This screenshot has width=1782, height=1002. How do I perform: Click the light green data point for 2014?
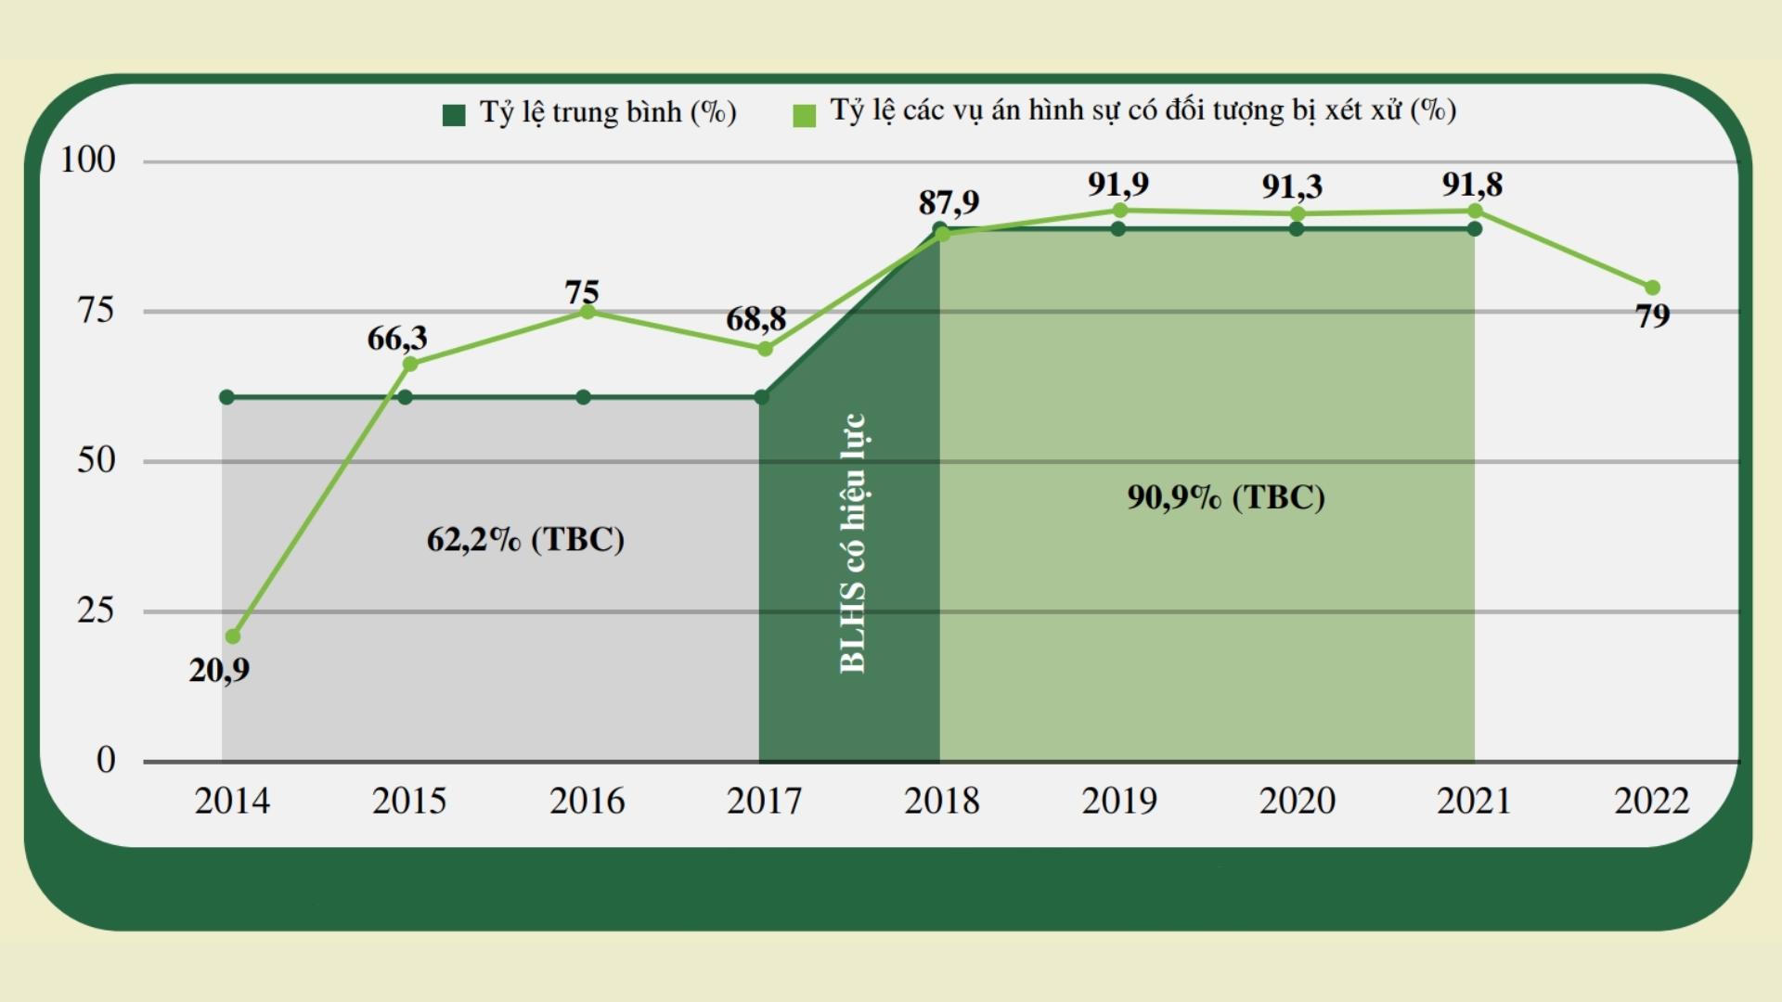click(x=233, y=636)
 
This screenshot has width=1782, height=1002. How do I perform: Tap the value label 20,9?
click(x=219, y=670)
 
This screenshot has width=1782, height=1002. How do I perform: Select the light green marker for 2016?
click(x=588, y=312)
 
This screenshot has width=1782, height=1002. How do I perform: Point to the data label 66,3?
click(x=397, y=339)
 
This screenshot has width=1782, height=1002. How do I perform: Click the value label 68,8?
click(x=755, y=319)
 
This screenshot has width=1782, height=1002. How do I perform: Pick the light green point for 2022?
click(x=1652, y=288)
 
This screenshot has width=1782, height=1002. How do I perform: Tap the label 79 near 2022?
click(x=1652, y=316)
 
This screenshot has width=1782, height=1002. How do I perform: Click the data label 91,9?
click(x=1118, y=185)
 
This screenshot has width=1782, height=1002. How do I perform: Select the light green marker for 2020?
click(x=1298, y=213)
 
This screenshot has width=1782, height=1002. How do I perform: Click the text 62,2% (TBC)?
click(x=525, y=539)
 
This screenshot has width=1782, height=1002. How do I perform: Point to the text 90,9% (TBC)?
click(x=1226, y=497)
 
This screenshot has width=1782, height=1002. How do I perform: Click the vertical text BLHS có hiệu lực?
click(x=852, y=543)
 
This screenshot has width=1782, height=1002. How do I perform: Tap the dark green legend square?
click(x=454, y=115)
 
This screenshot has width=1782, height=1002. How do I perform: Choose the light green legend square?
click(x=805, y=115)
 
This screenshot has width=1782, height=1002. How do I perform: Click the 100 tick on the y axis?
click(x=88, y=160)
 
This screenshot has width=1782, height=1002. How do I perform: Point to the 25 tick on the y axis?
click(x=96, y=610)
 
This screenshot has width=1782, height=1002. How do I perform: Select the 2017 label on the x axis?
click(x=764, y=801)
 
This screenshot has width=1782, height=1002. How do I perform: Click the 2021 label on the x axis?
click(x=1474, y=801)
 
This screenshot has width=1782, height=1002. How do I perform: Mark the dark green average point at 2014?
click(x=226, y=397)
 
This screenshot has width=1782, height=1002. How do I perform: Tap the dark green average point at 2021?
click(x=1475, y=228)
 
